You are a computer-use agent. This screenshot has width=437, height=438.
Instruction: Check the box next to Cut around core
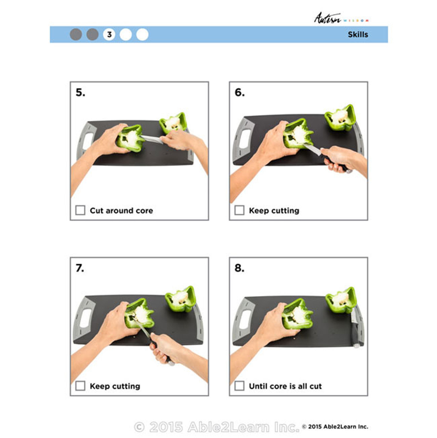(80, 210)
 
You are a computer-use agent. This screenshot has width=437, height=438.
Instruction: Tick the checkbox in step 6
(239, 210)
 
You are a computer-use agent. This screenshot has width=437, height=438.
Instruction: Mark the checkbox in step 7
(80, 386)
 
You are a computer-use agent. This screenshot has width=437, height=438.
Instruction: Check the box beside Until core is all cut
(239, 386)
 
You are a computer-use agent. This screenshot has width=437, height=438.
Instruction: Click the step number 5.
(80, 92)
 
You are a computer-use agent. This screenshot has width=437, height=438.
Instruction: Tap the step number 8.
(239, 268)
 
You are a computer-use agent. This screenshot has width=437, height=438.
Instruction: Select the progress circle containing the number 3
(109, 35)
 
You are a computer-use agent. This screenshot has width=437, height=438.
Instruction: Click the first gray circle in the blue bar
(76, 35)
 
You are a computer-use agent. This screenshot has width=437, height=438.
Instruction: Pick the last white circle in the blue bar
(142, 35)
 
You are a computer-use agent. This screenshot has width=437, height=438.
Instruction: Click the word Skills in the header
(358, 35)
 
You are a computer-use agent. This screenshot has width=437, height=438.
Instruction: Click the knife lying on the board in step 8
(354, 328)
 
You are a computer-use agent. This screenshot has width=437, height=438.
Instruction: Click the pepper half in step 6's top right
(340, 118)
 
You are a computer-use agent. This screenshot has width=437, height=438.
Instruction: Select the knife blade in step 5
(151, 139)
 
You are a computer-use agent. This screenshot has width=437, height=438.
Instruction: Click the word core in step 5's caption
(144, 210)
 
